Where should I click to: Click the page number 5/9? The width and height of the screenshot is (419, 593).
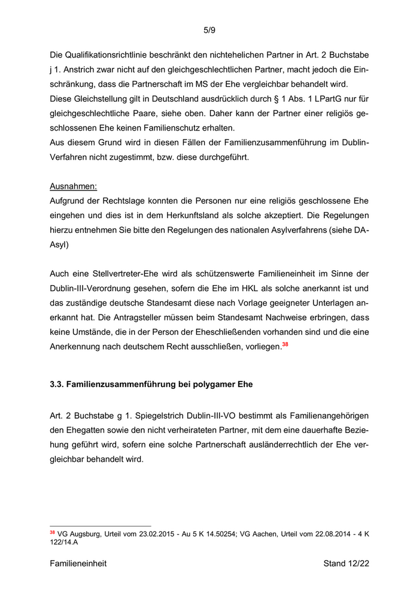pos(209,30)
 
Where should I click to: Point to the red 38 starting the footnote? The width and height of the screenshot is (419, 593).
pos(52,531)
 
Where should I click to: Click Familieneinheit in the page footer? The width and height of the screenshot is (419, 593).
pos(78,564)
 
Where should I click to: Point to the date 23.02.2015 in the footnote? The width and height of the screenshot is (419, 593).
pos(146,533)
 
